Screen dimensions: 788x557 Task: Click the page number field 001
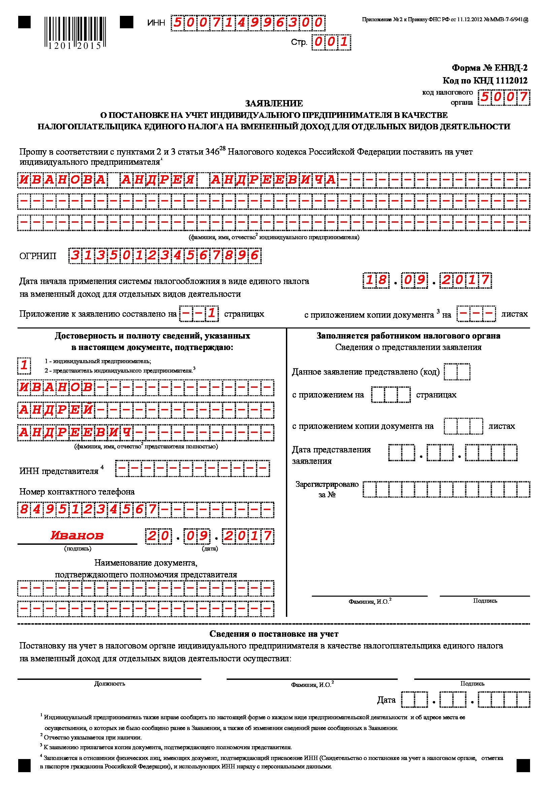(331, 42)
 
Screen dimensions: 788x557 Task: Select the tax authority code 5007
(504, 97)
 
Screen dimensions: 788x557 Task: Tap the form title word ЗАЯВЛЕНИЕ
(274, 103)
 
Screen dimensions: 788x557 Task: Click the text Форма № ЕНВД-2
(489, 68)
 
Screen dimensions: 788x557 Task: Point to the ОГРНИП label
(38, 256)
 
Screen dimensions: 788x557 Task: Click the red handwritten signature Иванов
(77, 535)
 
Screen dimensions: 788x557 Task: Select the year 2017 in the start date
(465, 280)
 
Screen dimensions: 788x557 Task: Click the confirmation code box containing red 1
(24, 365)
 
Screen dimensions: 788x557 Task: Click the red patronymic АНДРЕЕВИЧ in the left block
(75, 433)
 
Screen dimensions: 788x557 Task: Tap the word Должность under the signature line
(109, 684)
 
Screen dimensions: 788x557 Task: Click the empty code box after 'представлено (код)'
(457, 372)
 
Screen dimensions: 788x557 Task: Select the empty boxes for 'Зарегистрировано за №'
(446, 490)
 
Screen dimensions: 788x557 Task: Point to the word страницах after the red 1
(244, 314)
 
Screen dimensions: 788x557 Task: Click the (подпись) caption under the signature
(77, 548)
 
